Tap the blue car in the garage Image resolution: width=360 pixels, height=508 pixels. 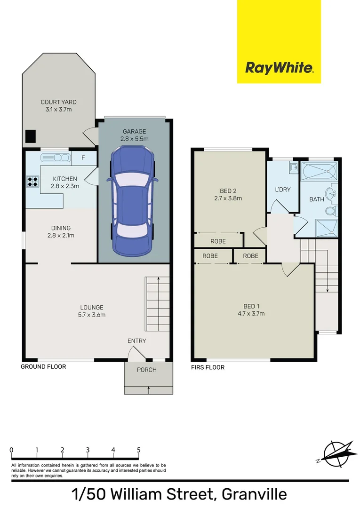tap(132, 200)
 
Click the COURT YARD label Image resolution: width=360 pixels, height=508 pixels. tap(58, 102)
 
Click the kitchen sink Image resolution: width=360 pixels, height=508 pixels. tap(55, 157)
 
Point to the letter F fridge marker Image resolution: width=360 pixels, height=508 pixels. tap(83, 158)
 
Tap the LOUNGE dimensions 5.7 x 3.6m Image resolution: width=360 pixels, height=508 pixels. tap(92, 315)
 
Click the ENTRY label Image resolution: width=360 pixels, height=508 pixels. tap(136, 341)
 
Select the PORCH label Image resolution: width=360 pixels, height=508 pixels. tap(147, 370)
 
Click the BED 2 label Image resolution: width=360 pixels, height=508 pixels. tap(228, 190)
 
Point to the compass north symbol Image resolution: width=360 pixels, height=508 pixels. tap(335, 453)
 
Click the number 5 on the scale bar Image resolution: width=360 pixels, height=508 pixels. tap(138, 450)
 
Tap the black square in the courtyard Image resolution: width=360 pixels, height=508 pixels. tap(31, 136)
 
